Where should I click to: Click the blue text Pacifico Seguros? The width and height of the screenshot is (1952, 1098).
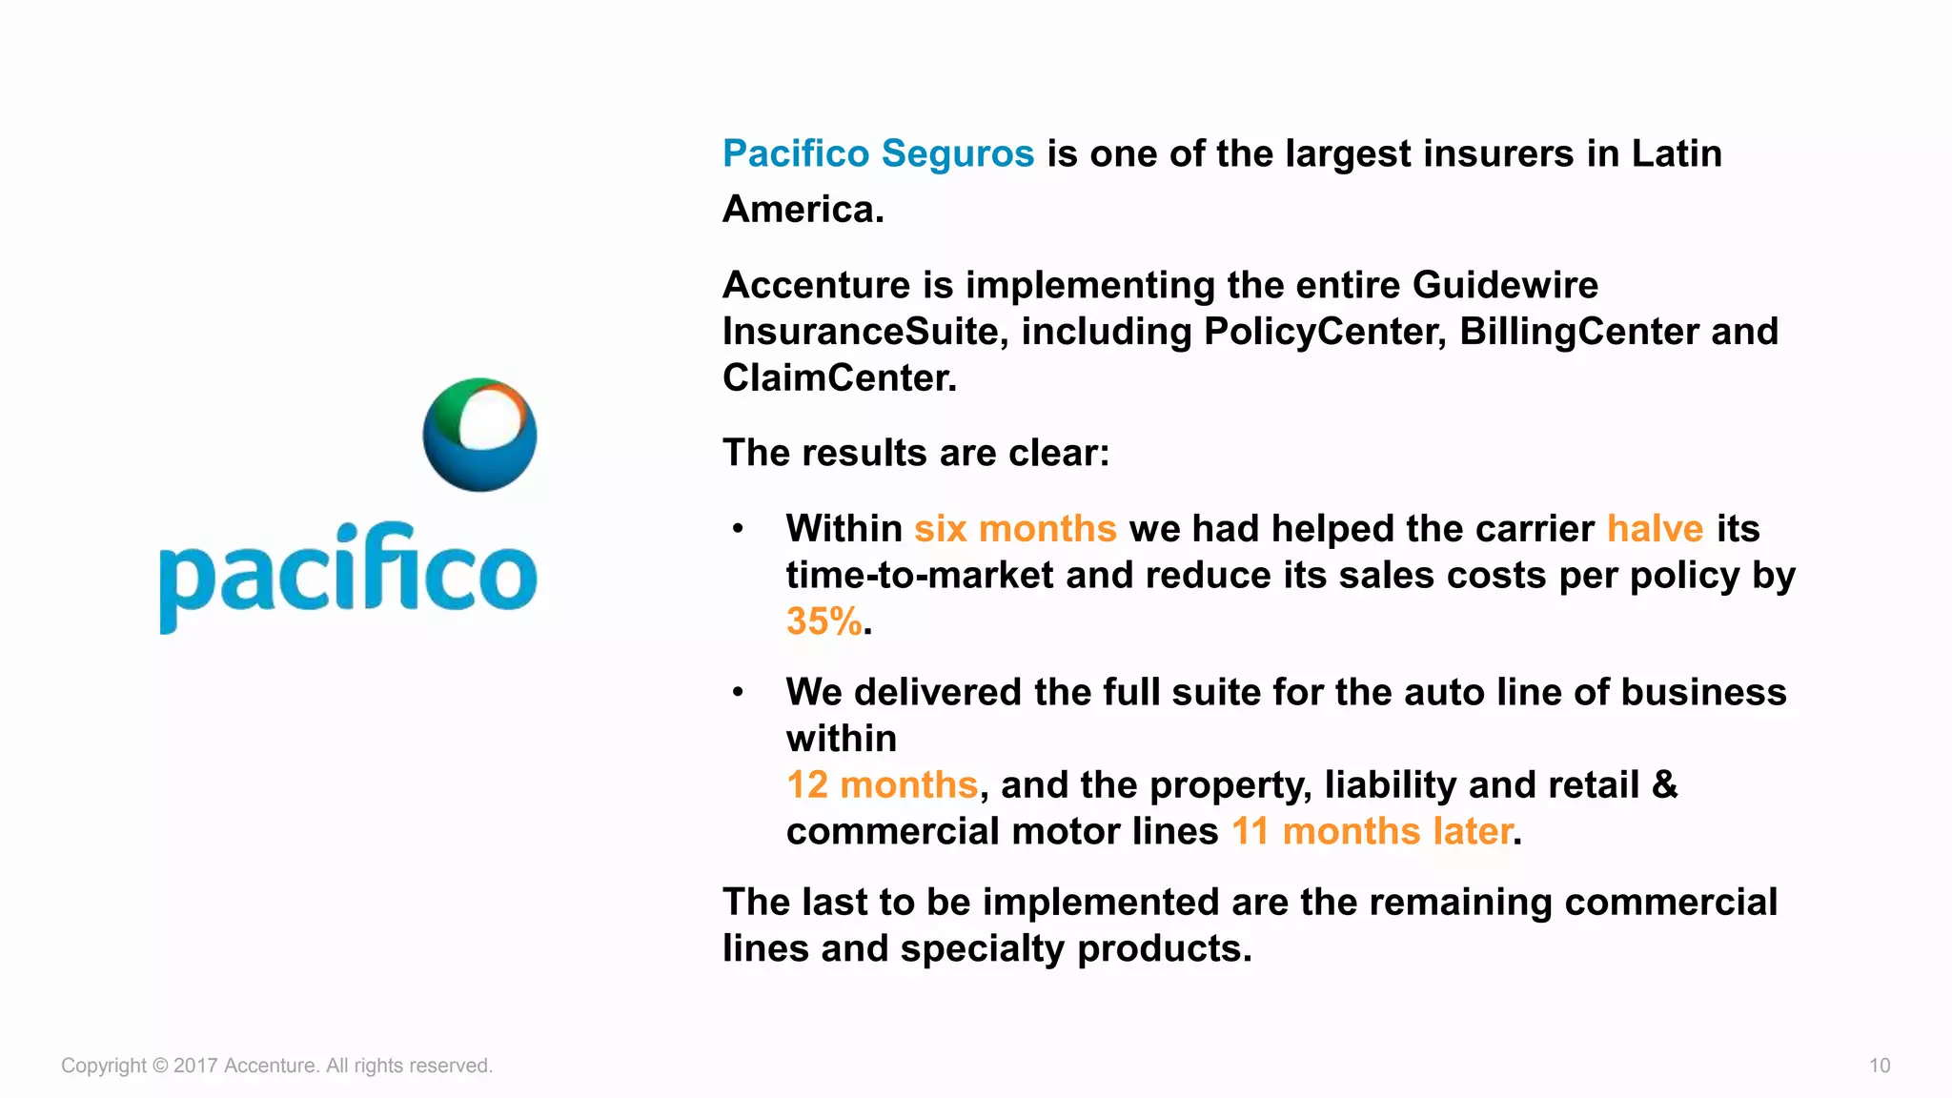point(878,154)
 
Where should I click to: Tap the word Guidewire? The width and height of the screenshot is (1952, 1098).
point(1505,285)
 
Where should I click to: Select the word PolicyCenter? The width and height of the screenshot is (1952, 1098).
point(1324,332)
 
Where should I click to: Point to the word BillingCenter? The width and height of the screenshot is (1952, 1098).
point(1578,332)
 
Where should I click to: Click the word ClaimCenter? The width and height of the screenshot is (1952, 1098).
point(839,378)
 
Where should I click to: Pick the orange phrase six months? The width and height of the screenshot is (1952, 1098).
point(1015,529)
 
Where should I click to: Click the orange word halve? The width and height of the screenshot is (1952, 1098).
point(1655,529)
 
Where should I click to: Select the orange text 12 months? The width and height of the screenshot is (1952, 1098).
point(882,785)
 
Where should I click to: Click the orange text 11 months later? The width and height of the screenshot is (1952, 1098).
point(1372,832)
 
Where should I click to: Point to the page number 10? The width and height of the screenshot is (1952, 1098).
point(1879,1066)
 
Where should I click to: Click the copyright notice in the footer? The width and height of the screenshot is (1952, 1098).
point(276,1066)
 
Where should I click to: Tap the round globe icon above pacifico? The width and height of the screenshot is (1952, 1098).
point(479,435)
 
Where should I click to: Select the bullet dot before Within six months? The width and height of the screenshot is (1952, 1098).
point(738,529)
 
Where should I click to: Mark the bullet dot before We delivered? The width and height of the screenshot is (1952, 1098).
point(738,692)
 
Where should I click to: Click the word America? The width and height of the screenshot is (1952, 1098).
point(803,210)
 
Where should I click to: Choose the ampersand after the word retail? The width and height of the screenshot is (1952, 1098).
point(1664,785)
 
